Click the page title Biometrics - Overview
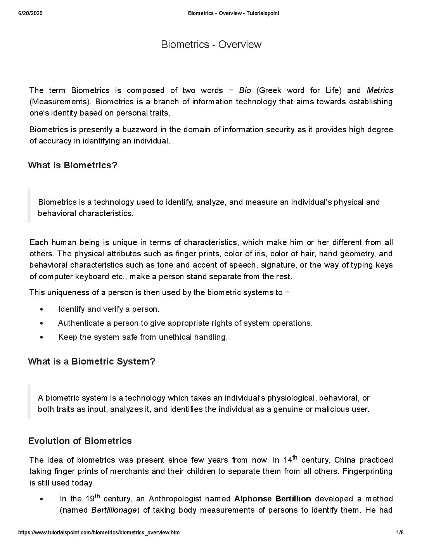211,45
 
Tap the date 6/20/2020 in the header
30,14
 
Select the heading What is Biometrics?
73,165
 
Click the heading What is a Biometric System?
92,361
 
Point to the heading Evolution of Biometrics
80,441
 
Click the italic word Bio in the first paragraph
245,90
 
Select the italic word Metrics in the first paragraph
380,90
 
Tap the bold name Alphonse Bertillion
273,499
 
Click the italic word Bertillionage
114,510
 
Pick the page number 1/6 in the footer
400,533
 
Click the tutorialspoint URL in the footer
99,533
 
